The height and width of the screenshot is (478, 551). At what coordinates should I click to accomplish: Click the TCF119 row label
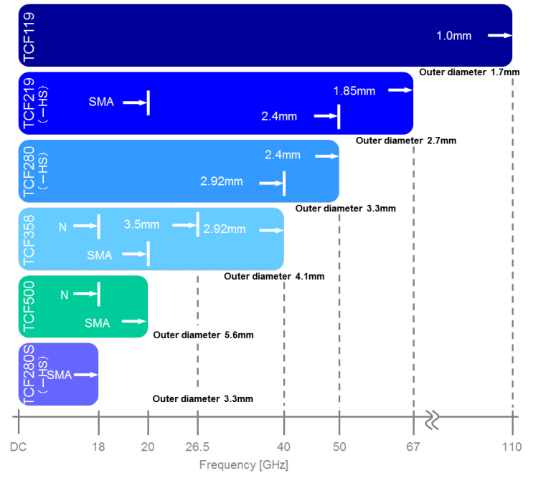[x=29, y=36]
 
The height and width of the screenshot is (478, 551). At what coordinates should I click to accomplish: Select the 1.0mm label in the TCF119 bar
[x=453, y=35]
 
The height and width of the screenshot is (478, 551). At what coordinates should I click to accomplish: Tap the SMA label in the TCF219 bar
[x=101, y=102]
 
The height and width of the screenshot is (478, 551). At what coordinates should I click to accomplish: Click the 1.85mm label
[x=354, y=90]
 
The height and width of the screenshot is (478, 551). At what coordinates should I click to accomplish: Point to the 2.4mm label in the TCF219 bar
[x=279, y=116]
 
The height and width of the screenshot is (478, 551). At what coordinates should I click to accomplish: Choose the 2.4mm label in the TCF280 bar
[x=283, y=155]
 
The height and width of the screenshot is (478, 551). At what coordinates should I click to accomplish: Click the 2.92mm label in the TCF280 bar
[x=222, y=181]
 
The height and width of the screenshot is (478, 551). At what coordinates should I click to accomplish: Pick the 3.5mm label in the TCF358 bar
[x=141, y=224]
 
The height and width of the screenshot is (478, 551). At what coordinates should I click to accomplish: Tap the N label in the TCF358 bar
[x=62, y=226]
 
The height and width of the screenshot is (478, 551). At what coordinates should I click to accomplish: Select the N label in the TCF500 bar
[x=64, y=295]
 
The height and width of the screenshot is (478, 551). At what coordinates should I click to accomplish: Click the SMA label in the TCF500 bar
[x=98, y=322]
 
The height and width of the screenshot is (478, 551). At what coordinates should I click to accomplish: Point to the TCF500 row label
[x=29, y=307]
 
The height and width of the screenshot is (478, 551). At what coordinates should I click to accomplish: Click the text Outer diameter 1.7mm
[x=469, y=72]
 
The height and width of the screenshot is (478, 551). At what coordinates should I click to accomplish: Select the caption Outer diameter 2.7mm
[x=406, y=140]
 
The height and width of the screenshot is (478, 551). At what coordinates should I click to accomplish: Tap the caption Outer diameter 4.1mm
[x=274, y=277]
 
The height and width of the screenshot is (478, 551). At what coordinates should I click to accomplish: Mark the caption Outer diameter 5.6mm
[x=203, y=335]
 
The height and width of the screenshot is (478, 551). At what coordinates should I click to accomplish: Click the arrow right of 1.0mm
[x=499, y=35]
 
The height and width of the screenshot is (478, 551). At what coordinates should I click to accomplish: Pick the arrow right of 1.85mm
[x=400, y=90]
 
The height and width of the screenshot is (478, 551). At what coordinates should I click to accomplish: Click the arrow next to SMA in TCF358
[x=134, y=254]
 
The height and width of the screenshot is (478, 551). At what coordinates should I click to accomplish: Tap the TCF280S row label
[x=29, y=374]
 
